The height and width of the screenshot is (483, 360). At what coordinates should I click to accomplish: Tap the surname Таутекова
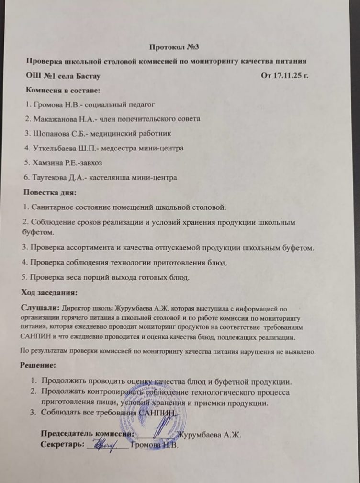tap(53, 177)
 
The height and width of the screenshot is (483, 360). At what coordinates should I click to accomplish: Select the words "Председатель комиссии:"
tap(86, 434)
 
